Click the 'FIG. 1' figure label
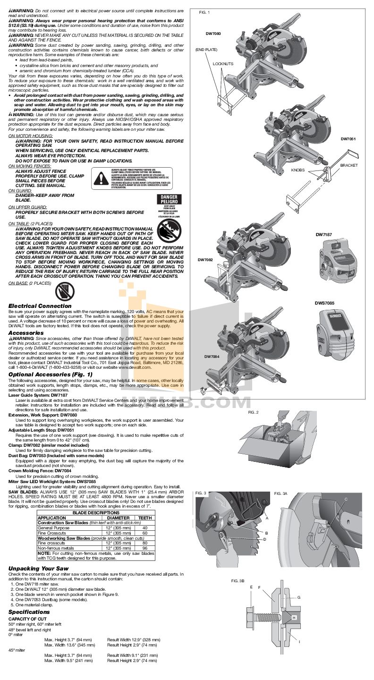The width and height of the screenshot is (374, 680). [204, 12]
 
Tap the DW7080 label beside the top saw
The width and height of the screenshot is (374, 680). [213, 34]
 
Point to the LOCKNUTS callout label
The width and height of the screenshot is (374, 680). [223, 63]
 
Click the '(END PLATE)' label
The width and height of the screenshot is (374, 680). [206, 50]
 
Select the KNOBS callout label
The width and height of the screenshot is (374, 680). [297, 170]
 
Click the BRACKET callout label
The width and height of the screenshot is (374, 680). [349, 165]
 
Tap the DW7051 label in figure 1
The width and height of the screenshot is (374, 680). [348, 139]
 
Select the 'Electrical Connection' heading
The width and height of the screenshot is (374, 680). [40, 306]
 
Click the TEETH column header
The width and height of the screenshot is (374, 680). [144, 518]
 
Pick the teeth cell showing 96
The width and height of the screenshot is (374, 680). [144, 548]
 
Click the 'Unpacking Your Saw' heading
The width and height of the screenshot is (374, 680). [39, 568]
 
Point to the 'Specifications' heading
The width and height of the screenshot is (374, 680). [29, 612]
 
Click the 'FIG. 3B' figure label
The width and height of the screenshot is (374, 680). [238, 580]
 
